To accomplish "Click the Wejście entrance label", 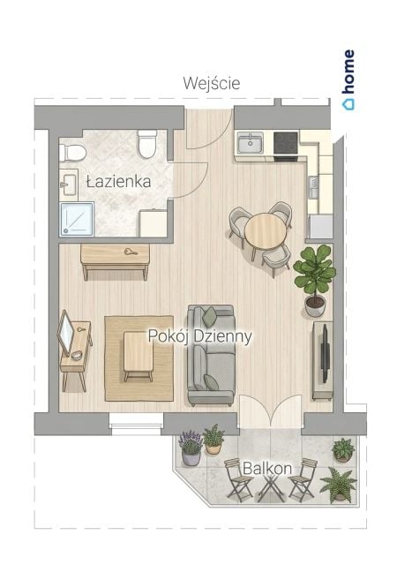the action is [x=212, y=84].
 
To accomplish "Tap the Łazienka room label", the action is [x=118, y=181].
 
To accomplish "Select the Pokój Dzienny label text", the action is [x=200, y=336].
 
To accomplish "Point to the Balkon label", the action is [x=267, y=468].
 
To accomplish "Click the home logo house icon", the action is [x=348, y=104].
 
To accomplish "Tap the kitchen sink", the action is [x=251, y=143].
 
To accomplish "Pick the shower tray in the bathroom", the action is [x=77, y=219].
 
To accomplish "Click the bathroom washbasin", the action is [x=68, y=185].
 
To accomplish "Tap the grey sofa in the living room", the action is [x=211, y=355].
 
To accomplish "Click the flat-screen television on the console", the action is [x=326, y=352].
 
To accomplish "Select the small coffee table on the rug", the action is [x=139, y=355].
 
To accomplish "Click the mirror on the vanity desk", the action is [x=66, y=332].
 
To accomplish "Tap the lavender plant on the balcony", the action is [x=191, y=448].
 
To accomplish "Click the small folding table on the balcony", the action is [x=271, y=486].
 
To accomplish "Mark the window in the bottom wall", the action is [x=136, y=424].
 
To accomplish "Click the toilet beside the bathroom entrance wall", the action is [x=147, y=144].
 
